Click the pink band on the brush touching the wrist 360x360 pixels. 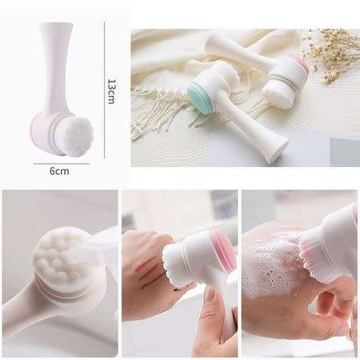click(x=215, y=248)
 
